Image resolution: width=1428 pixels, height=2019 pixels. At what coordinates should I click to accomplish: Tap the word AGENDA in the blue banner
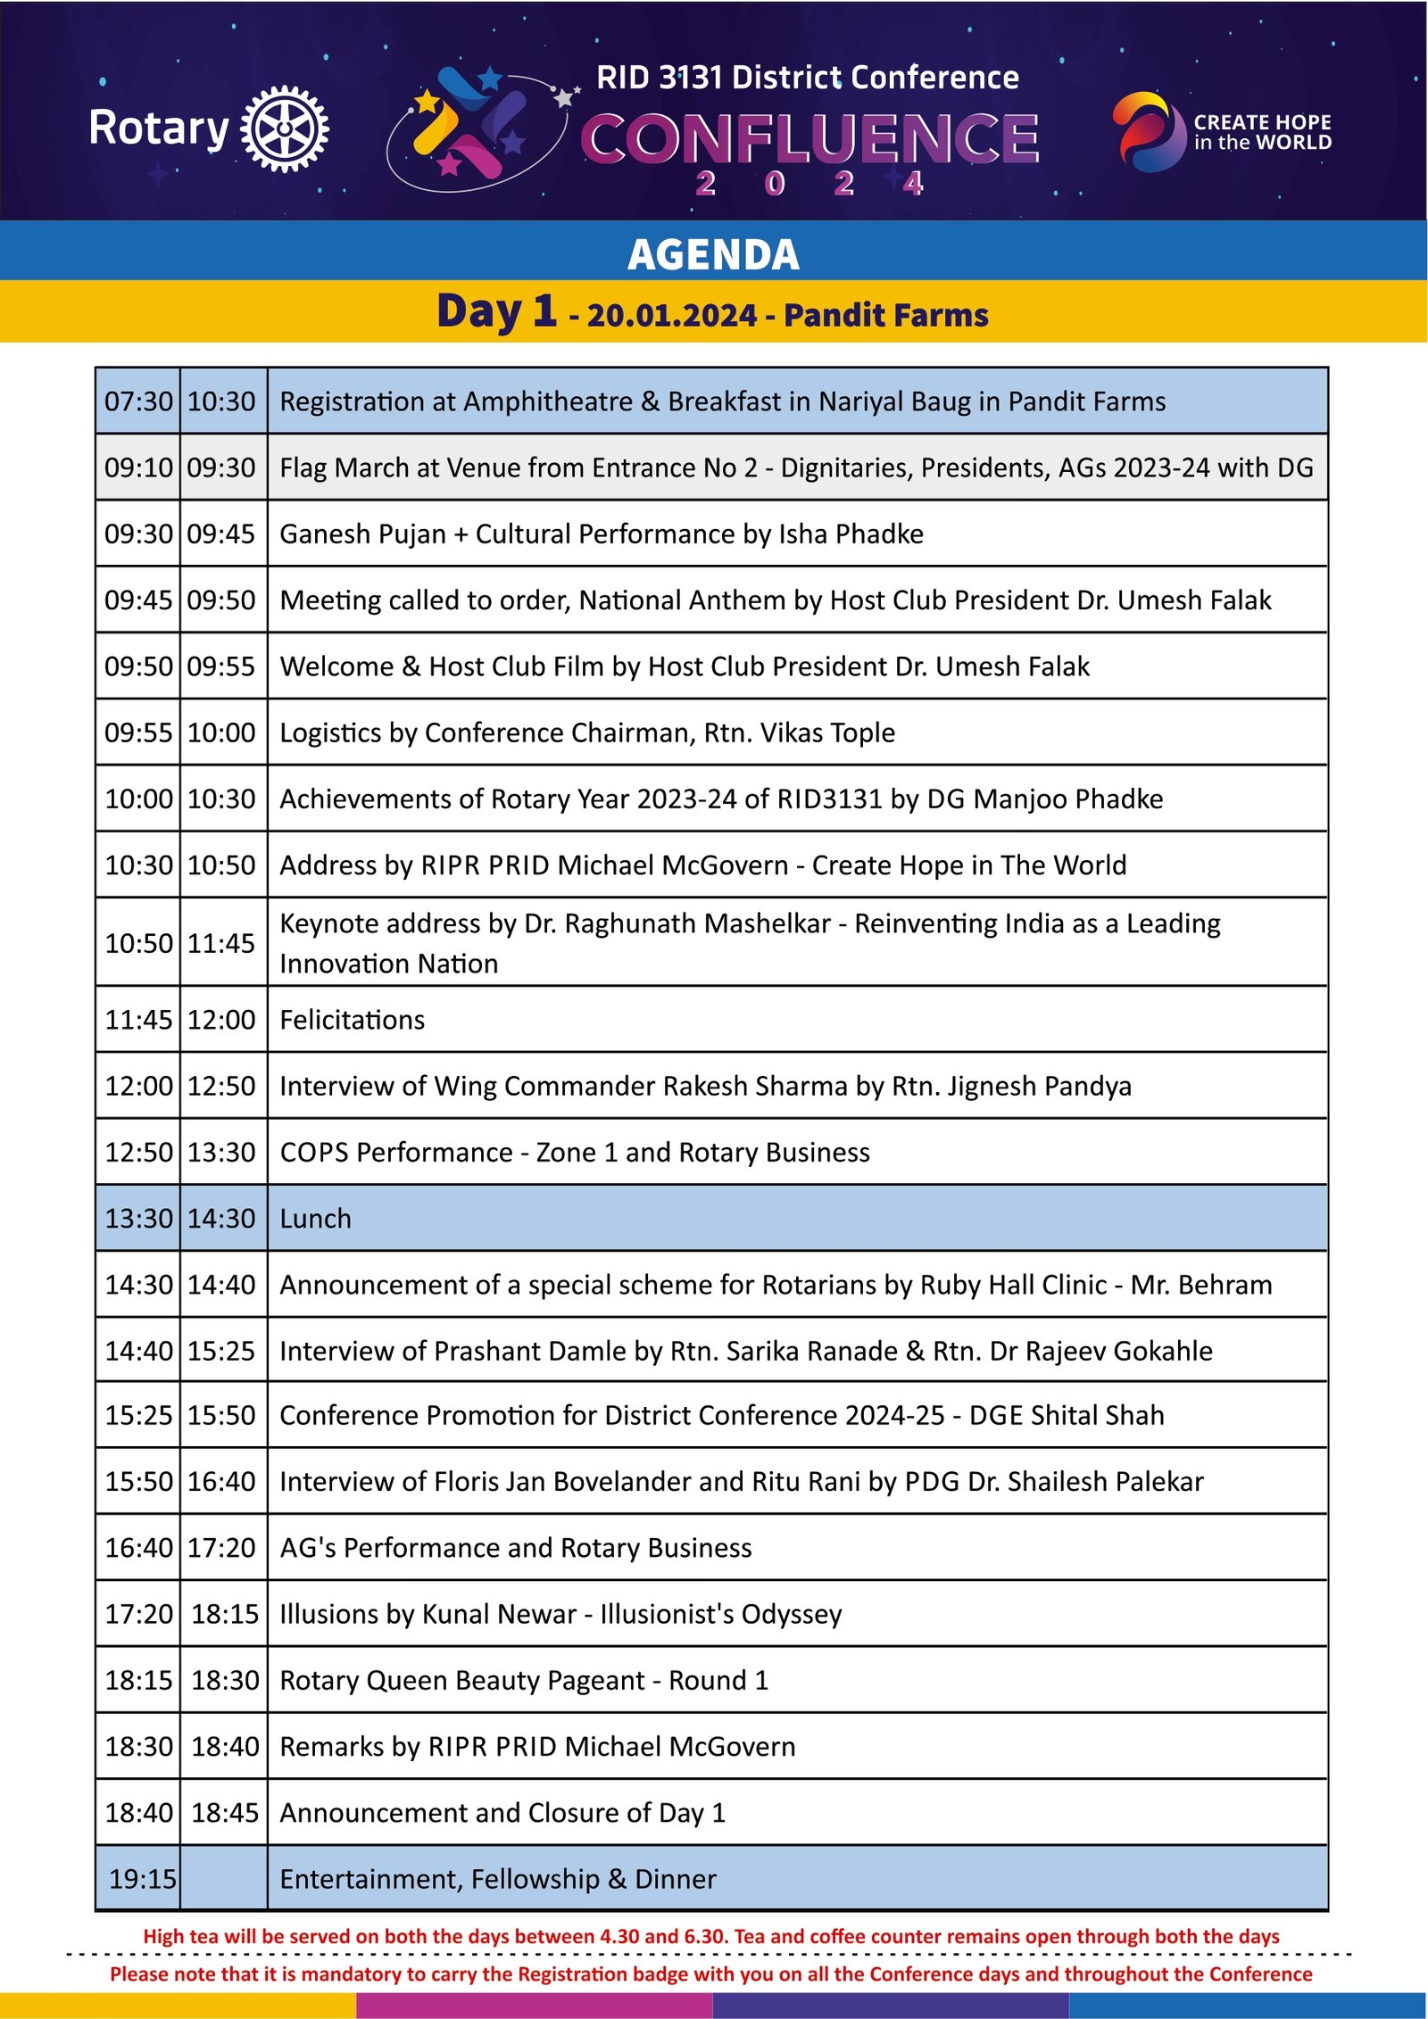click(713, 254)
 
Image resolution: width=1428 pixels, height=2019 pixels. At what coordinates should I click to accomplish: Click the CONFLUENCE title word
click(809, 138)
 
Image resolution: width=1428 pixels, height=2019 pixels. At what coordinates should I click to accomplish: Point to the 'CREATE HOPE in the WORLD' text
click(1262, 132)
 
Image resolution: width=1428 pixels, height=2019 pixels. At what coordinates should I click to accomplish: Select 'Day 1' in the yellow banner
click(496, 311)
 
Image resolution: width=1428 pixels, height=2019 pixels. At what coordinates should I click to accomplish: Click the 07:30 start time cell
click(138, 401)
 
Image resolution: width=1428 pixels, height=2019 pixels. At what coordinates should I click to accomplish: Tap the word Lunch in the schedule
click(315, 1219)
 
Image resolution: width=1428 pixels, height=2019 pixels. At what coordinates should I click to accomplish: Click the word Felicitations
click(353, 1020)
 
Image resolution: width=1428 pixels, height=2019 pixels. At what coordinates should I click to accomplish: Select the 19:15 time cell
click(142, 1879)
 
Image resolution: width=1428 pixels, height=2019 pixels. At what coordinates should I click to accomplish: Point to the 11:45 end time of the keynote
click(221, 943)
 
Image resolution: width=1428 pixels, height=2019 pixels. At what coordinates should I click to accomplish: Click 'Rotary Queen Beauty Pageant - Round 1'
click(524, 1680)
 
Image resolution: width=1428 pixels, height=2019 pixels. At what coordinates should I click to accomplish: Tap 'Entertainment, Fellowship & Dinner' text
click(497, 1879)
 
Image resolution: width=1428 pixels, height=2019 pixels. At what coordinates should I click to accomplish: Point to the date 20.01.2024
click(671, 316)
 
